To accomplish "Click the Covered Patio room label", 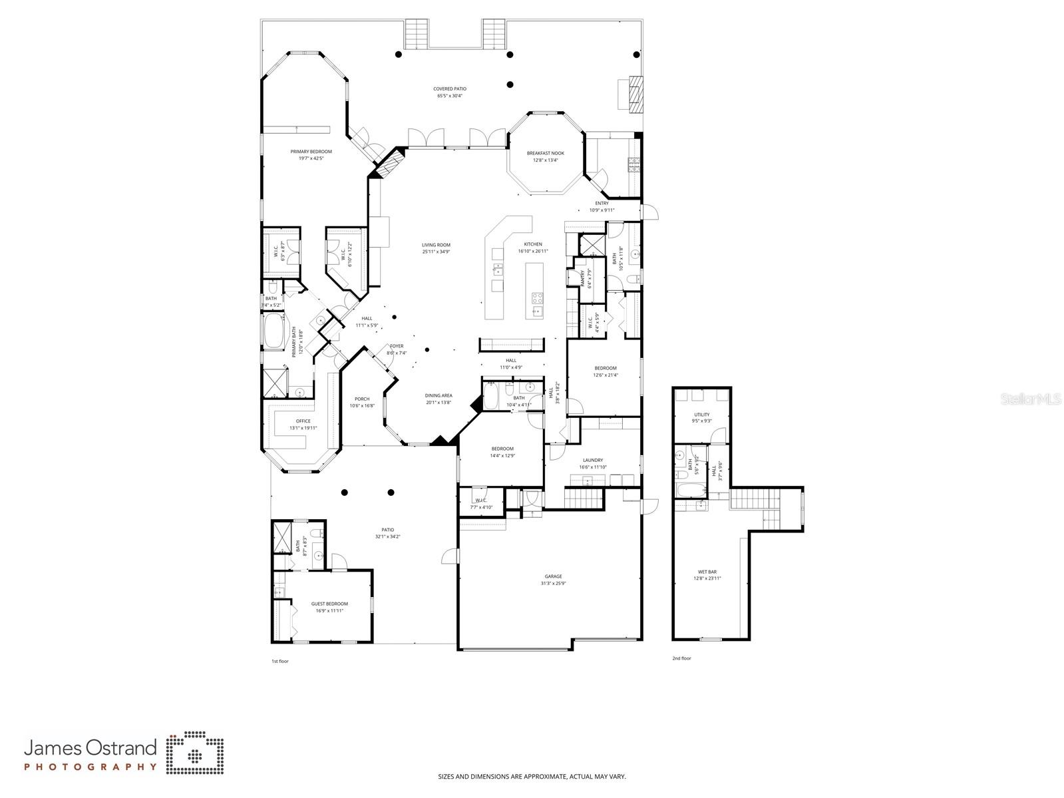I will click(450, 89).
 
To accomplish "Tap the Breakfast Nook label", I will click(545, 153).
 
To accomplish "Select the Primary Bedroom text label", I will click(311, 152).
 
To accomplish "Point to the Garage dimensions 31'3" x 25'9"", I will click(553, 584).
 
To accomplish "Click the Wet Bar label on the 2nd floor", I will click(707, 572).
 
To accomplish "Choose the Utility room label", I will click(701, 415).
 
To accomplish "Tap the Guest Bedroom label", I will click(329, 604).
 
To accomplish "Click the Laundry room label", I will click(592, 460).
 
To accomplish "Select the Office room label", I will click(303, 421).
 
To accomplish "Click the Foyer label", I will click(397, 346).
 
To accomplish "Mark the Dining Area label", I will click(439, 395).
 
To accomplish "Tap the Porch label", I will click(362, 399).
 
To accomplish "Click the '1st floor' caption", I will click(279, 662).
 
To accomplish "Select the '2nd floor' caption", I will click(681, 658).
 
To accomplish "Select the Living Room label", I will click(436, 245).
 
